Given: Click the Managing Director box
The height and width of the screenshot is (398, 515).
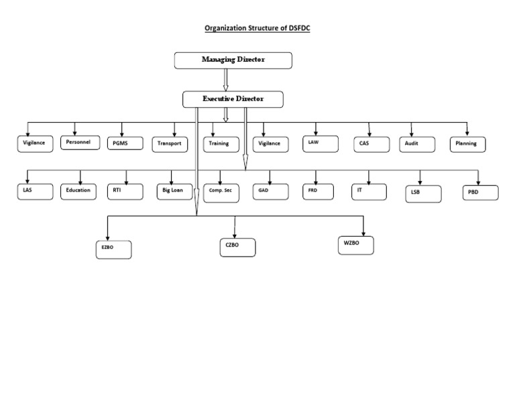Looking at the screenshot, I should pos(233,60).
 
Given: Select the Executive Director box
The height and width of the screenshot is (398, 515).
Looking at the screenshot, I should pos(233,99).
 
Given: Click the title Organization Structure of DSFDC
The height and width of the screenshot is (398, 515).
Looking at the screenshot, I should pos(257,28).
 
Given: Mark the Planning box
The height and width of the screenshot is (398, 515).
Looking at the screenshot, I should pos(467,144).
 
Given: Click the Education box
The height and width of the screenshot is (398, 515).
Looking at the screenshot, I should pos(80,191).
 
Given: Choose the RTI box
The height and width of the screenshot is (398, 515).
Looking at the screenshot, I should pos(124,191).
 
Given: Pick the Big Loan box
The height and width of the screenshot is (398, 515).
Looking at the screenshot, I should pos(174,191).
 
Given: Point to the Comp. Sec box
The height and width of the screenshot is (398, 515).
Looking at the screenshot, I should pos(221,192).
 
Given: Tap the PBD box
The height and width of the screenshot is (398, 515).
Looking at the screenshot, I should pos(480,193).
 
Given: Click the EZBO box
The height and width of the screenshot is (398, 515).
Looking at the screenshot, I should pos(113,249).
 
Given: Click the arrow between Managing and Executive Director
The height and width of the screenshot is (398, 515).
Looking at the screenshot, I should pos(226,80).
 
